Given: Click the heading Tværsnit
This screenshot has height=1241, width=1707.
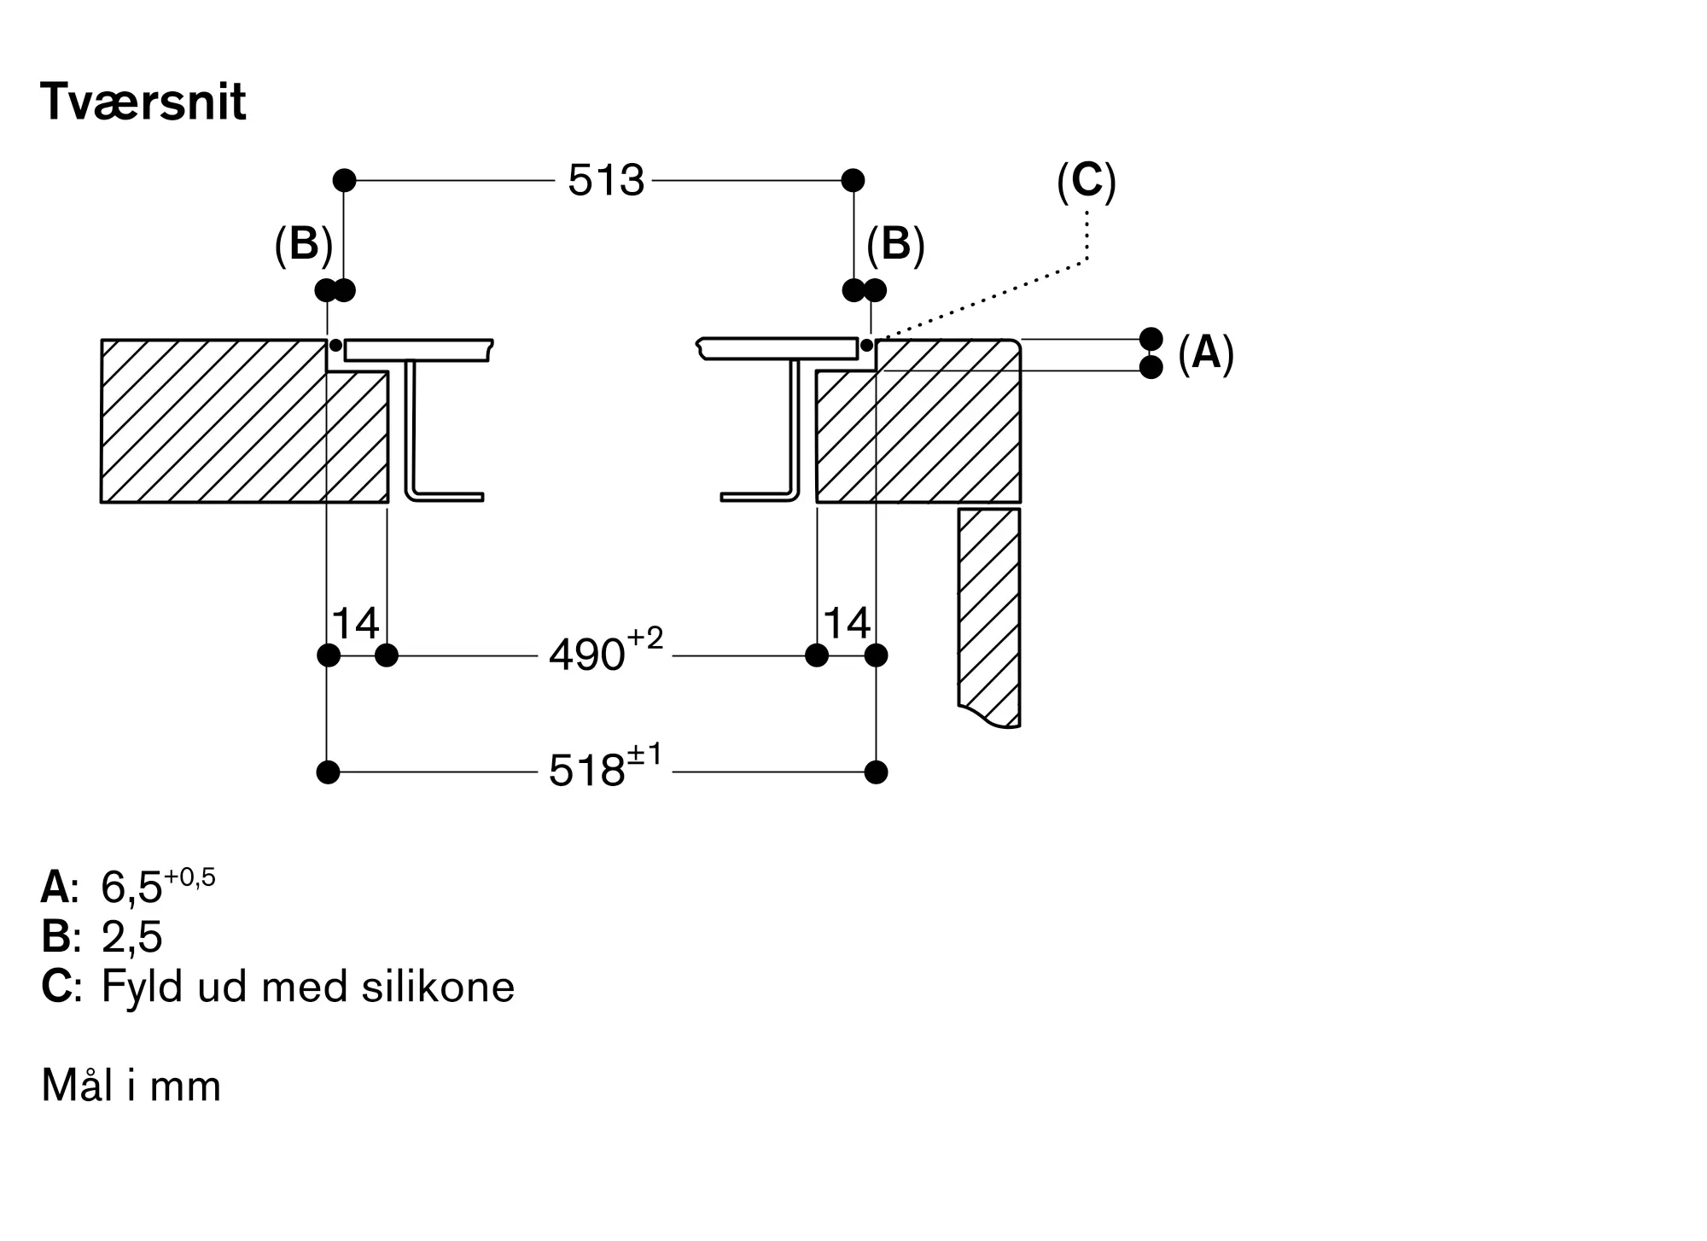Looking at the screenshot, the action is (143, 102).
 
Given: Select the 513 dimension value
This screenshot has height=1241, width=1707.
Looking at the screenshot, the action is (606, 181).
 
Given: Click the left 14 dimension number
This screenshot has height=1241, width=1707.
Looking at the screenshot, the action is (355, 623).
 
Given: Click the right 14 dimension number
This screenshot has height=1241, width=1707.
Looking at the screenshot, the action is (847, 623).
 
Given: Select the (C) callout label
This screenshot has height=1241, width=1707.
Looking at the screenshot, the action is (1087, 181).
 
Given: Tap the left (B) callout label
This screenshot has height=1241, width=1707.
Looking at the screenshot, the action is (303, 244).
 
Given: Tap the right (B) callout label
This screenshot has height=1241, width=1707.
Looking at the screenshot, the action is (895, 244).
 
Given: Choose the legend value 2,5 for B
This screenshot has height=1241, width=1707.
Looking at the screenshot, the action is (131, 937).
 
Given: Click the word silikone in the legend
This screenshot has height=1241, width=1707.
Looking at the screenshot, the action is (438, 987).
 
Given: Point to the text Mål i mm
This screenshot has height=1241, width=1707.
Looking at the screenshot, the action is (131, 1086).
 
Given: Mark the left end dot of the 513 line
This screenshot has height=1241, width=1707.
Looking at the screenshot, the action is (344, 180).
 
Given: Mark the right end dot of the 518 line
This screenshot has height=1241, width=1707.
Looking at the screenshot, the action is (876, 772).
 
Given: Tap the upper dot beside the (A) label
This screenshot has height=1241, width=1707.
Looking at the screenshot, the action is (1151, 339).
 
